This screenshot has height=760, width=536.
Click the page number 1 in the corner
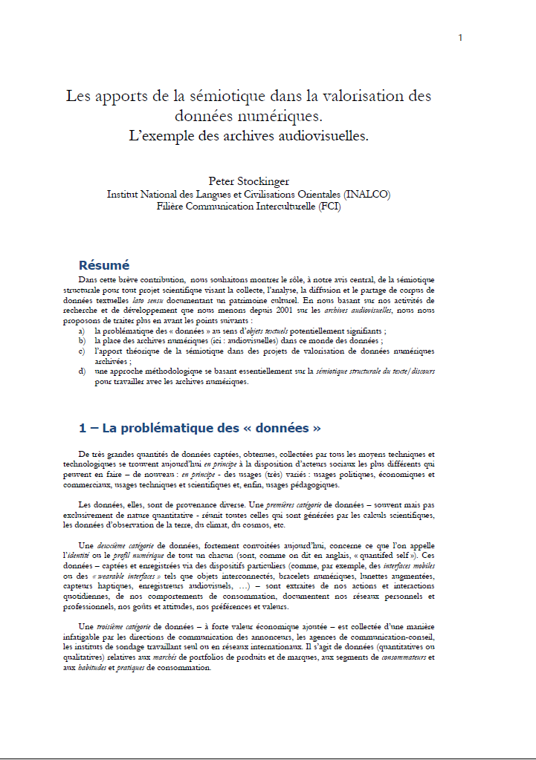pyautogui.click(x=460, y=38)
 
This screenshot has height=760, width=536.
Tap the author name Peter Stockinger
pyautogui.click(x=248, y=181)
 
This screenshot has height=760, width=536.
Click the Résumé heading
pyautogui.click(x=104, y=265)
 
